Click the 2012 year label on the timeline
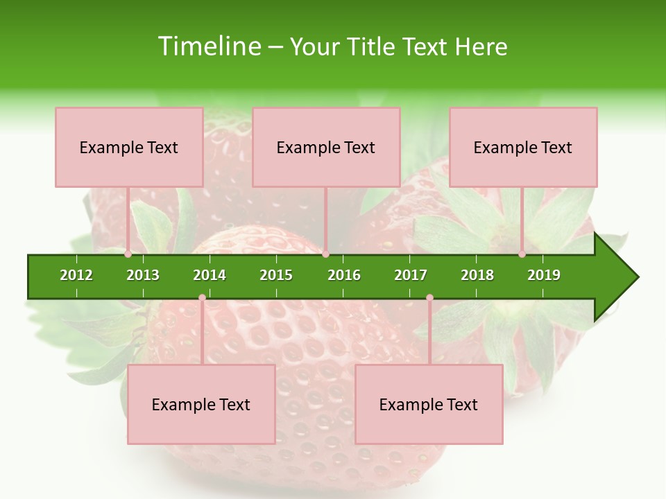pos(76,275)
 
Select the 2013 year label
pos(143,275)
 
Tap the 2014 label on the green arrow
pos(210,275)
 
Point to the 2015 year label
pos(276,275)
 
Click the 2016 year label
pos(344,275)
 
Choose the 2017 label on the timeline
pos(411,275)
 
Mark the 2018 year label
pos(477,275)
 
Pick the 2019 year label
pos(544,275)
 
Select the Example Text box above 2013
pos(129,147)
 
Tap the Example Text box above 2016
pos(326,147)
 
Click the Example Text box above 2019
pos(523,147)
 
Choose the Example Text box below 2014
pos(201,404)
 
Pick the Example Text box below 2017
pos(429,404)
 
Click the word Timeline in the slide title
pos(209,46)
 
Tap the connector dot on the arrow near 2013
pos(128,254)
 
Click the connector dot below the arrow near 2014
pos(202,298)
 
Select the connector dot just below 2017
pos(429,298)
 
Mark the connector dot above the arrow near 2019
pos(522,254)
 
